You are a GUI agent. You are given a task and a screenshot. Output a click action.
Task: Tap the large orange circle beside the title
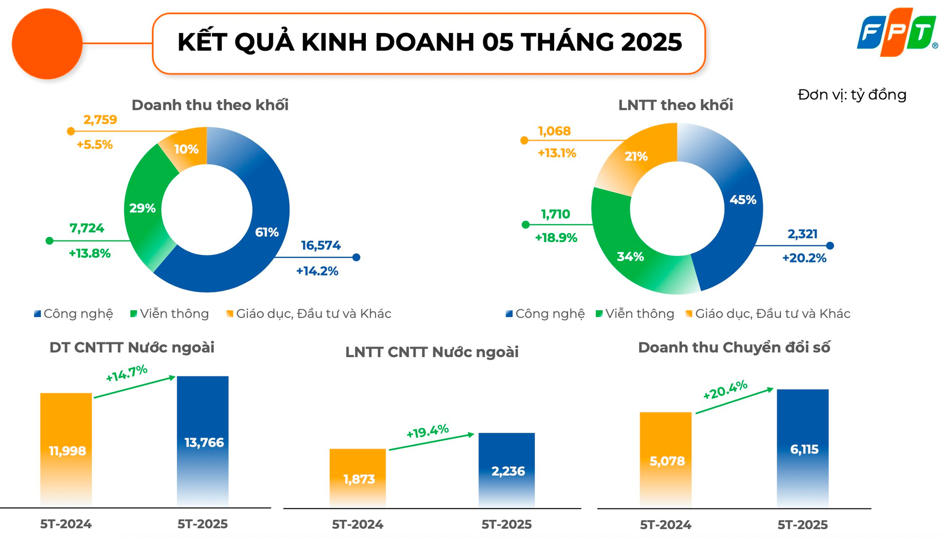(47, 44)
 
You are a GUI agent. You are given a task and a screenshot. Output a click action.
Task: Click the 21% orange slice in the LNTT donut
(636, 156)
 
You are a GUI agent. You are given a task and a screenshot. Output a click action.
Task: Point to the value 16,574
(321, 245)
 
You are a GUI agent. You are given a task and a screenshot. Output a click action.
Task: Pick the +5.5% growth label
(94, 145)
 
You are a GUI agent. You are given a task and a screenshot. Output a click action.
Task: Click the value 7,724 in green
(87, 228)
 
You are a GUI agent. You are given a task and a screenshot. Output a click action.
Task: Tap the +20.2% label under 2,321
(804, 258)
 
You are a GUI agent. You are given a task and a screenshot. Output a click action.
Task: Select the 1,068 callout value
(554, 131)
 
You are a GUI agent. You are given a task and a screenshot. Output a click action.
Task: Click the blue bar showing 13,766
(203, 442)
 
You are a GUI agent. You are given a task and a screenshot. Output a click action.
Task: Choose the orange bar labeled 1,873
(358, 478)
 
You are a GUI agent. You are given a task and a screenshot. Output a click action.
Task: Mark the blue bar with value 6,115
(802, 448)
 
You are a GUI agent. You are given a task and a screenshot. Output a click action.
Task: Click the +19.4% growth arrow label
(427, 431)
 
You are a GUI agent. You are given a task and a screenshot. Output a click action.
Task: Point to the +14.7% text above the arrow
(126, 373)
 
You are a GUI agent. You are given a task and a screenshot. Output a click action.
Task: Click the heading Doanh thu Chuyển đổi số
(734, 348)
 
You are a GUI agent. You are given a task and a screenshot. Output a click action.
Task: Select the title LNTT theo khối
(675, 105)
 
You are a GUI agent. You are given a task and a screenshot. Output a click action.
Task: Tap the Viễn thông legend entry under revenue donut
(170, 314)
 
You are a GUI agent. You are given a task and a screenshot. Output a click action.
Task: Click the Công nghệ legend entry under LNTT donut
(545, 314)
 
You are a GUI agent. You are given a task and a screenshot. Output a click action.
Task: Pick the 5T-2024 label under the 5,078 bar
(665, 525)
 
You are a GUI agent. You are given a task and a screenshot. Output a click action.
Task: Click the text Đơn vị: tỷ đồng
(852, 94)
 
